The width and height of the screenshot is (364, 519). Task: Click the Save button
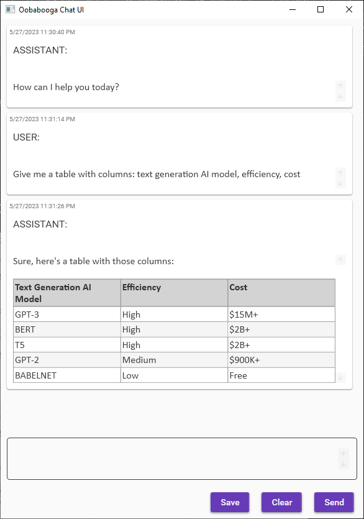click(230, 502)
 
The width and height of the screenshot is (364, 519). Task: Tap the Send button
click(334, 502)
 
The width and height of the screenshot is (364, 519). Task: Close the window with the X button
click(348, 9)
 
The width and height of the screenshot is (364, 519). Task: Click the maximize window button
click(321, 9)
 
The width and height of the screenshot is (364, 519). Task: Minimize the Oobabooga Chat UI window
click(292, 9)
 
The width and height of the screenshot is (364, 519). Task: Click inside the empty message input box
click(174, 459)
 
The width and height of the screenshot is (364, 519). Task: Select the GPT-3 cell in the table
click(66, 315)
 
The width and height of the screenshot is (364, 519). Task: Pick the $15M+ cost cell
click(281, 315)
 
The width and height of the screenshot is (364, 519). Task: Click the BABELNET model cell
click(66, 375)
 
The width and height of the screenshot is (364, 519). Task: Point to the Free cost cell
click(281, 375)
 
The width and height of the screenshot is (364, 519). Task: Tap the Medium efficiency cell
click(174, 360)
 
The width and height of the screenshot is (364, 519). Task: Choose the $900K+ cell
click(281, 360)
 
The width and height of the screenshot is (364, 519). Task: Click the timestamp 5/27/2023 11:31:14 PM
click(42, 119)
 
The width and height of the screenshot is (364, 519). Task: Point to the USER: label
click(27, 137)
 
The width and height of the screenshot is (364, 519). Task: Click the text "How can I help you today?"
click(66, 87)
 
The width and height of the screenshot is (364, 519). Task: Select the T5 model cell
click(66, 345)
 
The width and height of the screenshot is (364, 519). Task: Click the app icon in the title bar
click(10, 9)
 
